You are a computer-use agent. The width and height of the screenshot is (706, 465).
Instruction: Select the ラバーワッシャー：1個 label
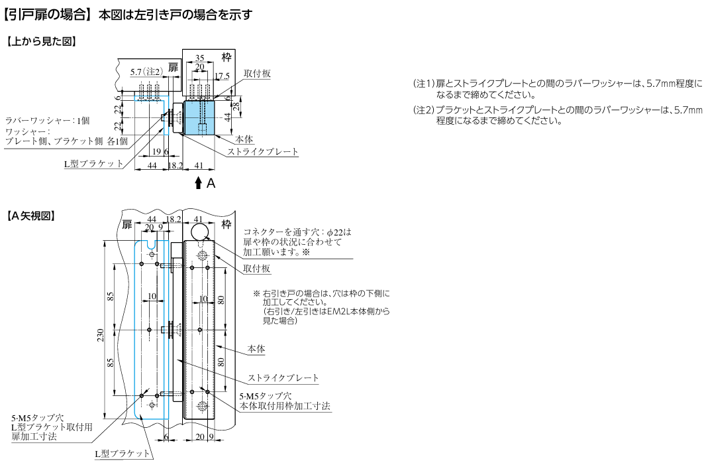click(x=47, y=120)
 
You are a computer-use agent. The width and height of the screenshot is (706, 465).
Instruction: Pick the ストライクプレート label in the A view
click(x=283, y=378)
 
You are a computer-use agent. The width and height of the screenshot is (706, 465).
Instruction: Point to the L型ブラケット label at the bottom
click(x=123, y=453)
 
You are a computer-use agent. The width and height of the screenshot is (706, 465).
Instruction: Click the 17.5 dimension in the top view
click(x=222, y=75)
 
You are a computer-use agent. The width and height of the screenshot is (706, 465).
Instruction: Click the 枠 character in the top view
click(x=226, y=54)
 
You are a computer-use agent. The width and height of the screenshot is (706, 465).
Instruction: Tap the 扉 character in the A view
click(x=128, y=224)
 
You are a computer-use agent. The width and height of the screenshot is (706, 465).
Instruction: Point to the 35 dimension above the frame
click(x=199, y=58)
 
